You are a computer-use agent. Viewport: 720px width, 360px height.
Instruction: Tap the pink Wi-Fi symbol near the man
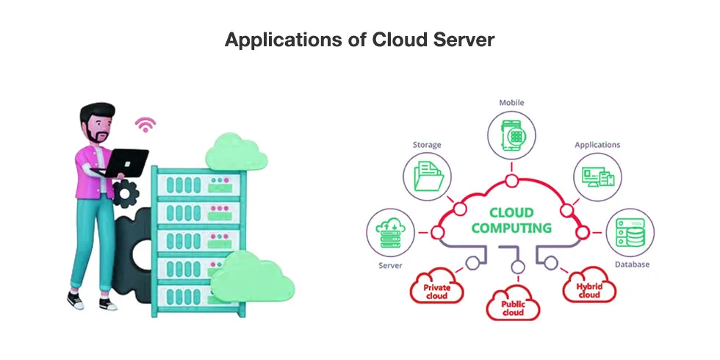point(145,124)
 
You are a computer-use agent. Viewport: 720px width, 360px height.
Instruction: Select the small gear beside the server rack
point(127,192)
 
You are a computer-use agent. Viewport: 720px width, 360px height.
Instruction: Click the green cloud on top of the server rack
point(235,152)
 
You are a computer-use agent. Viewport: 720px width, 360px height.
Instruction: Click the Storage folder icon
point(427,177)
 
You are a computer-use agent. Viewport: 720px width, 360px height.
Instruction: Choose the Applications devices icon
point(597,177)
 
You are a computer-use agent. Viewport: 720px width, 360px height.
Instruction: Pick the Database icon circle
point(630,234)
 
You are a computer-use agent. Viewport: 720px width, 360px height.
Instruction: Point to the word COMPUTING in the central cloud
point(511,228)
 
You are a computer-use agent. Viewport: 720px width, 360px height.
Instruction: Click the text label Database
point(631,264)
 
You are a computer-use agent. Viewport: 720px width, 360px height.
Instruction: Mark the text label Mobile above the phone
point(511,103)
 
